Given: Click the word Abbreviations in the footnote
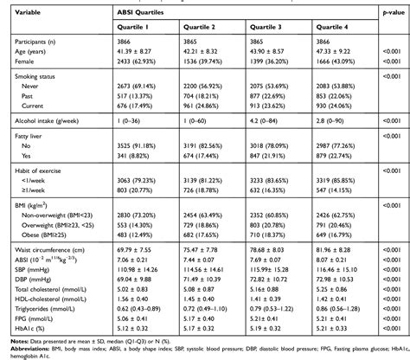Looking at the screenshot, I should (25, 353).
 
